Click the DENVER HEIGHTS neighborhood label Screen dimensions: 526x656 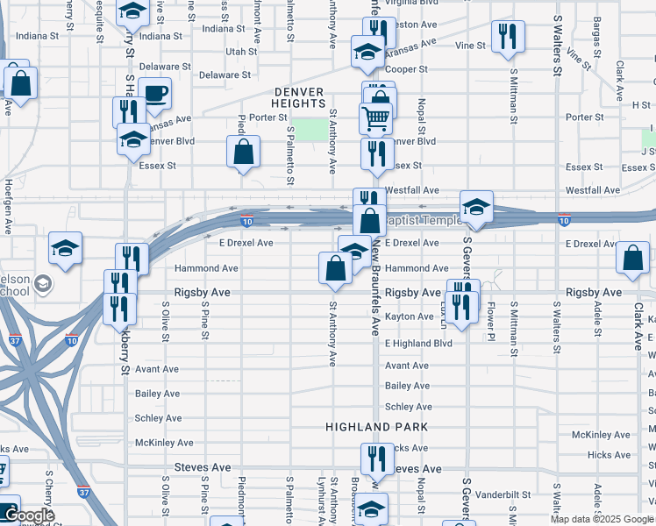tap(299, 97)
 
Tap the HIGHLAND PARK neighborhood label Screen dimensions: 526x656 tap(376, 427)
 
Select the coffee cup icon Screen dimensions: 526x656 tap(154, 95)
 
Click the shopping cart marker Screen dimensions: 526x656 tap(375, 117)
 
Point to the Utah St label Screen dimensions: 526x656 tap(241, 52)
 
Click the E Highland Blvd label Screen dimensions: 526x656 tap(418, 343)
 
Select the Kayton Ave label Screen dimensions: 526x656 tap(410, 316)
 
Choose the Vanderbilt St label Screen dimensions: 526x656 tap(501, 494)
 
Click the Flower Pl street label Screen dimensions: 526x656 tap(491, 322)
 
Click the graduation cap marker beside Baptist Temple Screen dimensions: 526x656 tap(476, 208)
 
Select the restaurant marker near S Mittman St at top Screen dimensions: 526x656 tap(508, 38)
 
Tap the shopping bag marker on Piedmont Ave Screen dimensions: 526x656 tap(244, 152)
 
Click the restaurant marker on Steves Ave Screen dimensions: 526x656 tap(376, 458)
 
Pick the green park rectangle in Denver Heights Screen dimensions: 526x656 tap(309, 129)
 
